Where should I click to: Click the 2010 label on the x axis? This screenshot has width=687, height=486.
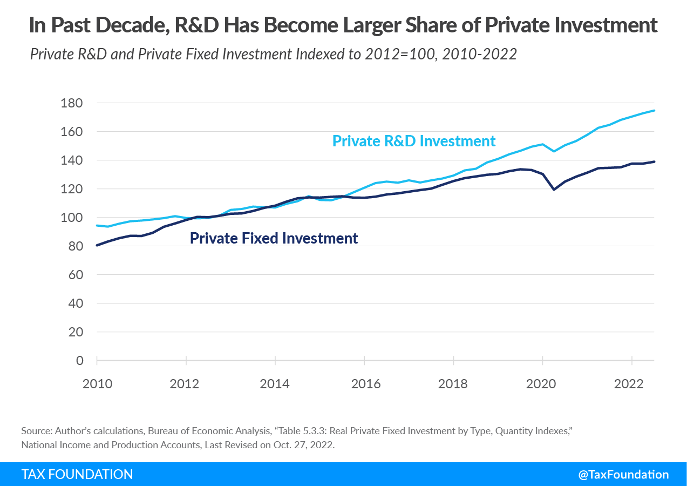[x=98, y=384]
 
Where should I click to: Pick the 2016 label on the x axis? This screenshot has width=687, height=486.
[x=365, y=384]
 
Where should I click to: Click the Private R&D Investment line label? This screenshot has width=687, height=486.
[x=413, y=141]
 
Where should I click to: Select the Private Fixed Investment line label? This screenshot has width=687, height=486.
[x=274, y=238]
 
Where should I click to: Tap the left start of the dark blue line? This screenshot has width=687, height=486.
[x=97, y=245]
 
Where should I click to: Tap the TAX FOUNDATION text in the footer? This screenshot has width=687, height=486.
[x=77, y=474]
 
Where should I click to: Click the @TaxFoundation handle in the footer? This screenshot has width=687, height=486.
[x=623, y=474]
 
